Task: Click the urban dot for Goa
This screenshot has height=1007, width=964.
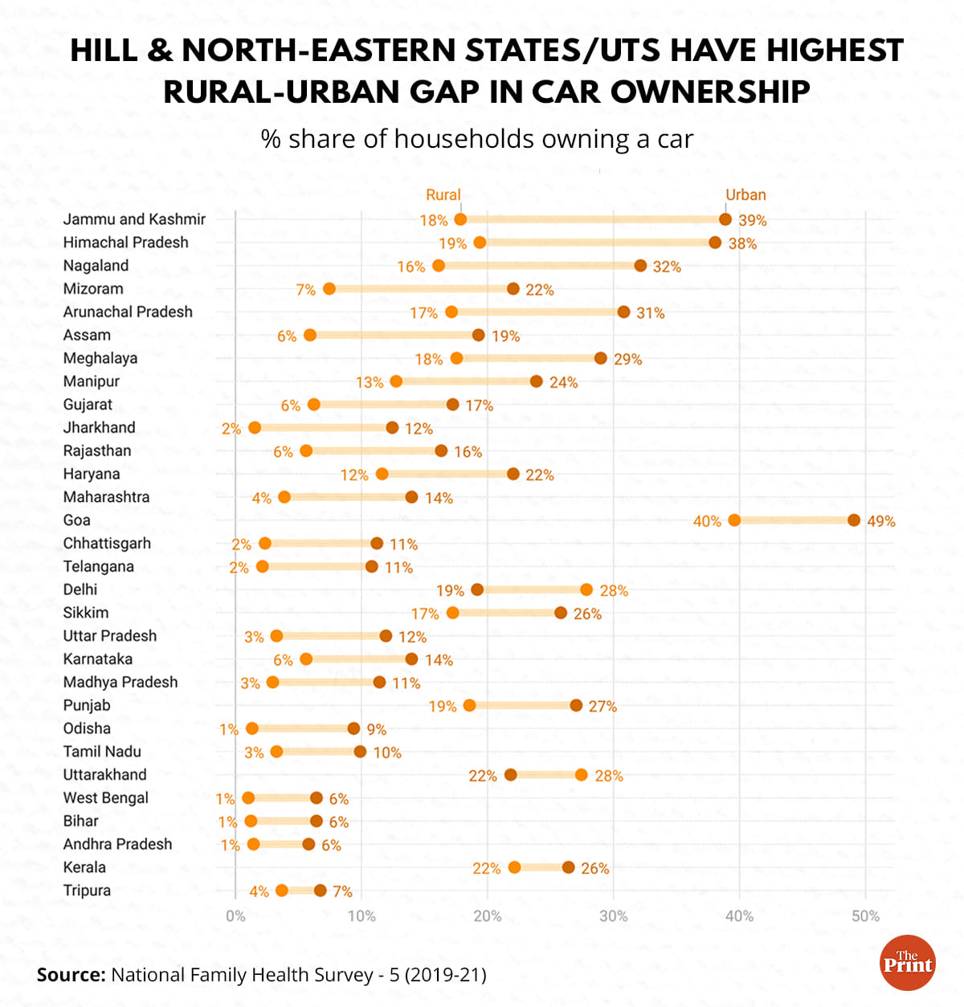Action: [x=854, y=520]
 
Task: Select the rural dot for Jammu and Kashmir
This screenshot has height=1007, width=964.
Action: [x=460, y=219]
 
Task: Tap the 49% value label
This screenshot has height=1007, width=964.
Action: [x=880, y=521]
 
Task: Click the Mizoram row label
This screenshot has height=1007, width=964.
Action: [x=93, y=288]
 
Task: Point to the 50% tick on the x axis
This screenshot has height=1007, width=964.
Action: [x=865, y=916]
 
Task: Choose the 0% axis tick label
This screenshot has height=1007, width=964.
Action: [x=235, y=916]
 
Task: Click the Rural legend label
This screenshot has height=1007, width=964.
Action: [x=443, y=195]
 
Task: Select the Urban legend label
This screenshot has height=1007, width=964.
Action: [x=745, y=195]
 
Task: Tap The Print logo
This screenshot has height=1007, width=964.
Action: [x=908, y=963]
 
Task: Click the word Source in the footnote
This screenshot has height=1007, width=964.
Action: [x=71, y=975]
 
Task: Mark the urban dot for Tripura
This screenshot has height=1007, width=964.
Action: [x=321, y=890]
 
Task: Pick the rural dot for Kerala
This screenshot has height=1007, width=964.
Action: [x=514, y=867]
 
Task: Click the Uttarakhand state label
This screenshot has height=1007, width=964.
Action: [x=104, y=775]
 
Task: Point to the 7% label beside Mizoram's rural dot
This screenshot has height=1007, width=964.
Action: [x=305, y=290]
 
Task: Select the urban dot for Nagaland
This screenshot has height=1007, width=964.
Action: [x=640, y=266]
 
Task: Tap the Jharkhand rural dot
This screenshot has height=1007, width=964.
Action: [x=255, y=427]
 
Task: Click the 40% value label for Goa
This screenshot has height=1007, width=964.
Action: [x=707, y=521]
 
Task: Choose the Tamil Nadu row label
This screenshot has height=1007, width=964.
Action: [x=102, y=752]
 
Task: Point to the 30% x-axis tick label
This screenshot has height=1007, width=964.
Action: [x=614, y=916]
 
